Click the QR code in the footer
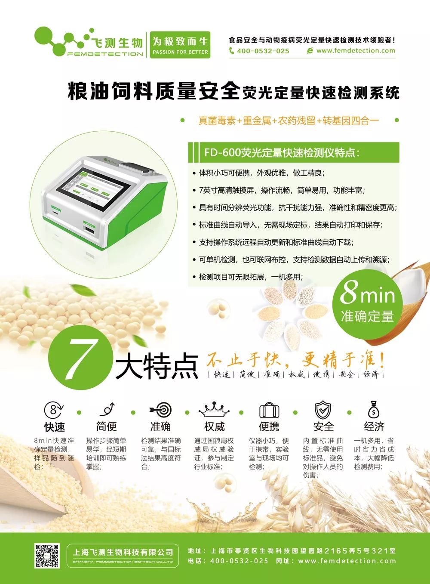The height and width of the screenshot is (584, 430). [47, 555]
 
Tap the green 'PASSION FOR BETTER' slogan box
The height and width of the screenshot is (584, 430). [180, 45]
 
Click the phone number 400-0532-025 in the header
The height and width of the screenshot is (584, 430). [263, 51]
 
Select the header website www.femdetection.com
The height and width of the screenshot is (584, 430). [355, 51]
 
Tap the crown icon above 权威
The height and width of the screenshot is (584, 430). [214, 409]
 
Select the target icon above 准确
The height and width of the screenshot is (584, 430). [160, 409]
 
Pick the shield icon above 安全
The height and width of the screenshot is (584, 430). [323, 409]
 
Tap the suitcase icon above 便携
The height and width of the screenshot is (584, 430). [269, 410]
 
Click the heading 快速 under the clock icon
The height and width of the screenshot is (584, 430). [55, 427]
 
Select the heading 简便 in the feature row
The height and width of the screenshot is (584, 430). [106, 426]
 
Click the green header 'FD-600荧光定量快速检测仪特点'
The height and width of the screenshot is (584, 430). [282, 152]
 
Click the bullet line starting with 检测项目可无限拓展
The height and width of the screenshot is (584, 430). [251, 277]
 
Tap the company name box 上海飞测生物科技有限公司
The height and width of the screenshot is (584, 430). [123, 555]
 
